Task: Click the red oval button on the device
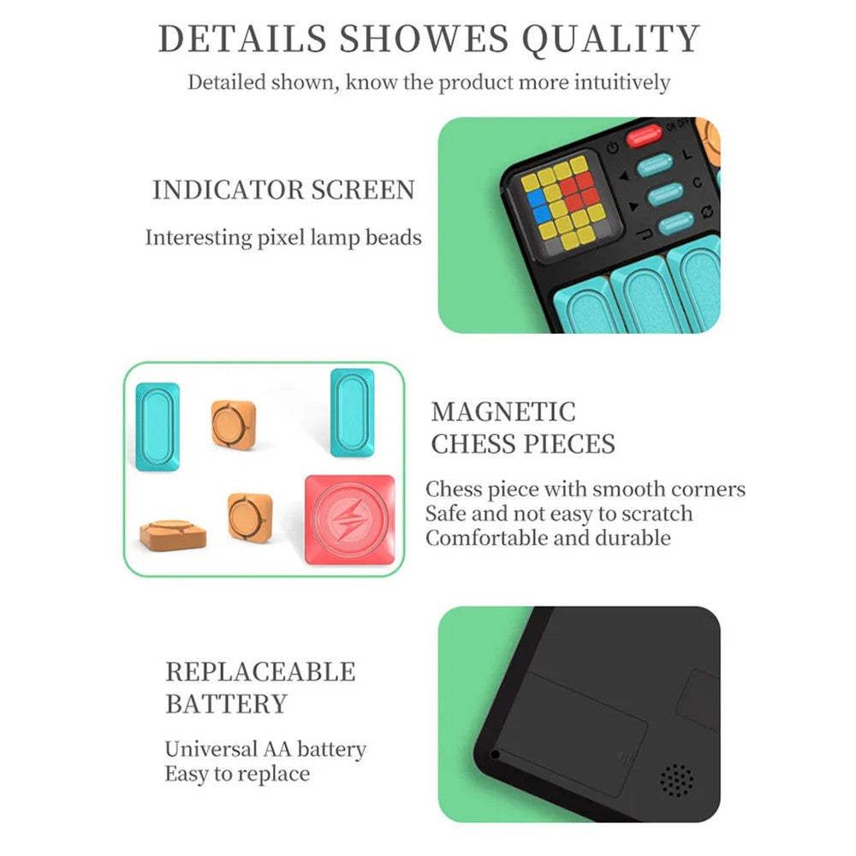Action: [x=645, y=135]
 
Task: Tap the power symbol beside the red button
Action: [x=613, y=147]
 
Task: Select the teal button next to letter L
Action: [x=655, y=165]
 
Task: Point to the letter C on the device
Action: [x=697, y=183]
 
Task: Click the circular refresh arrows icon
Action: [x=707, y=211]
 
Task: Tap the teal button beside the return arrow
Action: [x=676, y=223]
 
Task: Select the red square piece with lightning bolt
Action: [x=350, y=520]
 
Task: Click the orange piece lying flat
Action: [x=173, y=534]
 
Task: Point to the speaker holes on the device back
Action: [x=677, y=780]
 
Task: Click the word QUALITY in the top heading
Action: [x=610, y=39]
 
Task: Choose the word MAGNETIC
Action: [x=502, y=412]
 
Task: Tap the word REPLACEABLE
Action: [x=260, y=671]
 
